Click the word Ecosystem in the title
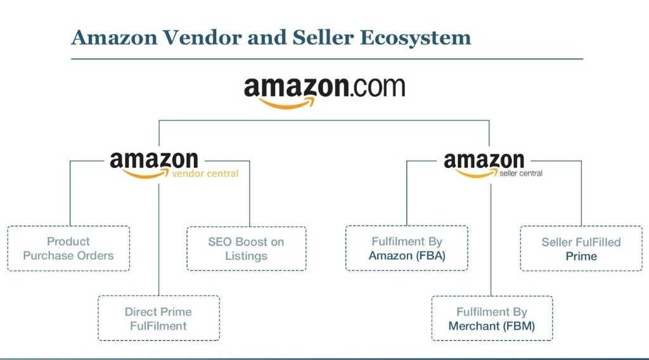(415, 37)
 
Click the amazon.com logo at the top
(324, 88)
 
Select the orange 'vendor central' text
(205, 174)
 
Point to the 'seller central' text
(521, 173)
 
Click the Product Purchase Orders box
(68, 248)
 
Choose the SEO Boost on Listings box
(246, 248)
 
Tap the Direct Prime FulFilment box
(158, 318)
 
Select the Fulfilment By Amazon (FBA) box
(406, 248)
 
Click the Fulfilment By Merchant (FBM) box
(492, 318)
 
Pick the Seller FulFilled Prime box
(581, 248)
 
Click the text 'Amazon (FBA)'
(407, 256)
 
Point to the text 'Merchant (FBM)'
(492, 326)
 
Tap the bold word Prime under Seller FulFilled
(581, 256)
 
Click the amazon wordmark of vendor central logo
(154, 160)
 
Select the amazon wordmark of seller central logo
(484, 160)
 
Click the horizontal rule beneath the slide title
(326, 59)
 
